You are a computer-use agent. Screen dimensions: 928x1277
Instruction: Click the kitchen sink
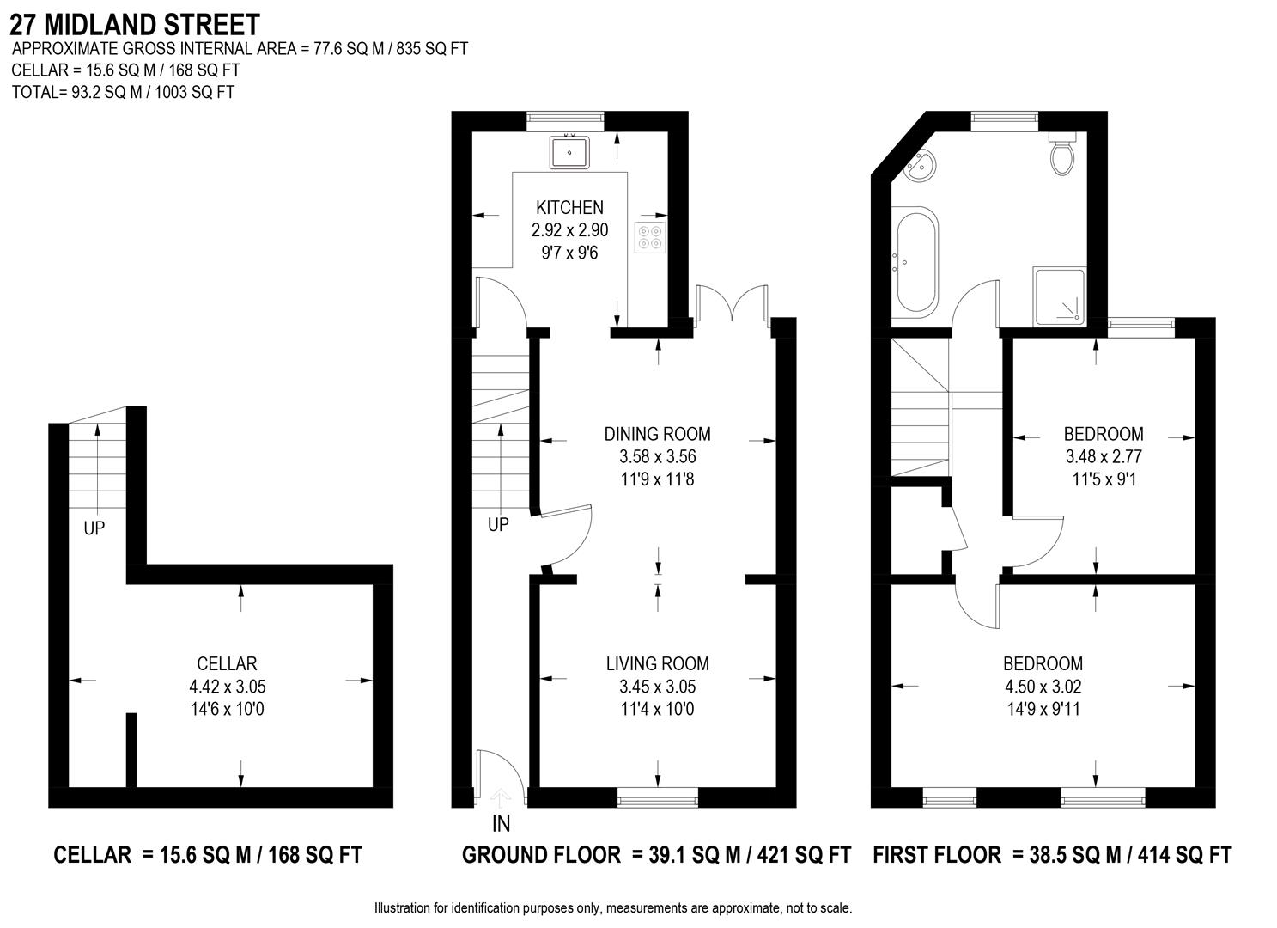569,152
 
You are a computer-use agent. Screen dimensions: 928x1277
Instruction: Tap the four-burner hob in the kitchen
650,236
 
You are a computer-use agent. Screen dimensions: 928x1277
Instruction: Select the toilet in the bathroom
1062,155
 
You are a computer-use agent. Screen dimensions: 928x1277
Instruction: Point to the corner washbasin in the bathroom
920,166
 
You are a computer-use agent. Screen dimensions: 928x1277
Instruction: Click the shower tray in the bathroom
1059,296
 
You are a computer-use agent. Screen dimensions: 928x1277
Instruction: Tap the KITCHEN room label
569,207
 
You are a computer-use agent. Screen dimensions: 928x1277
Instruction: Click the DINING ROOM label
657,434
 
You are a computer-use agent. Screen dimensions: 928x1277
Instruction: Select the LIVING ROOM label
657,663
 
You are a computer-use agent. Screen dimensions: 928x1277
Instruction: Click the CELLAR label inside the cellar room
227,663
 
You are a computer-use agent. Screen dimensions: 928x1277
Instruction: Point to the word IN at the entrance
501,824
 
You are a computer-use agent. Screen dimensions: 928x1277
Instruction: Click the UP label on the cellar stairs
94,528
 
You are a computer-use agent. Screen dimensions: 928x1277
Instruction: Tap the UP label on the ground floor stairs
498,524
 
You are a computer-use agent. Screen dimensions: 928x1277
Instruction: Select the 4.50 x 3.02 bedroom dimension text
1043,687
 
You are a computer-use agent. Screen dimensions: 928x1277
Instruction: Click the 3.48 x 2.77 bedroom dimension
1104,457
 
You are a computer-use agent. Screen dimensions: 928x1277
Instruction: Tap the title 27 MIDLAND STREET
135,23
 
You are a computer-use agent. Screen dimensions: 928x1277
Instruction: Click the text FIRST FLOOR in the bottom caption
937,855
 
